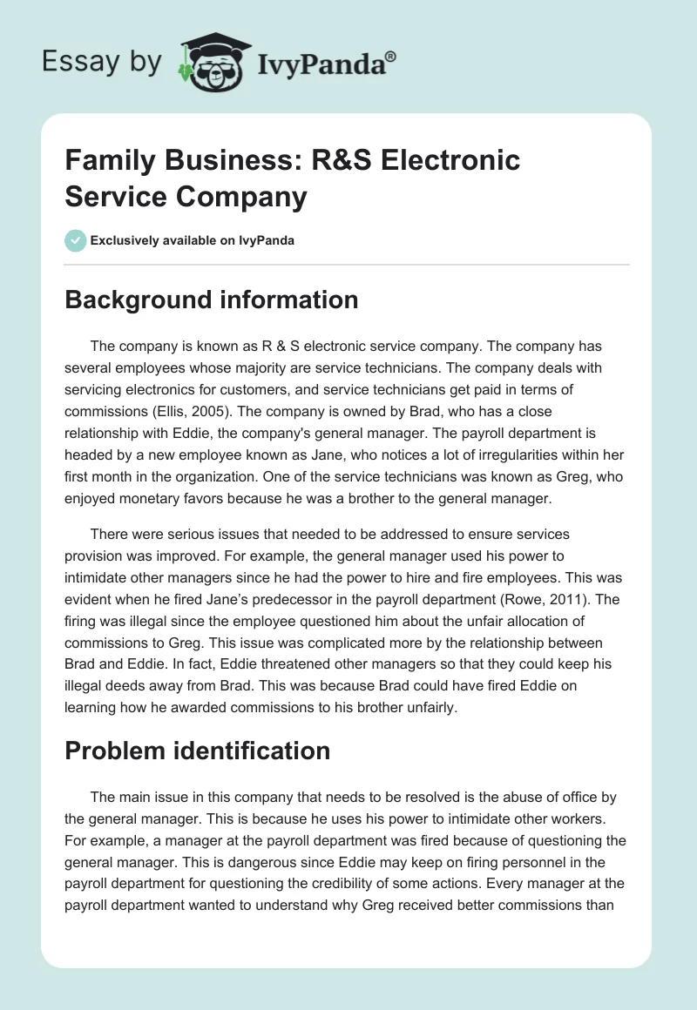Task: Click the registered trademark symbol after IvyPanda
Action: (391, 55)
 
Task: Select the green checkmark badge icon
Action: (76, 240)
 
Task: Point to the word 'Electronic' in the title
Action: (451, 160)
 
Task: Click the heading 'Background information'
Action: (212, 300)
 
